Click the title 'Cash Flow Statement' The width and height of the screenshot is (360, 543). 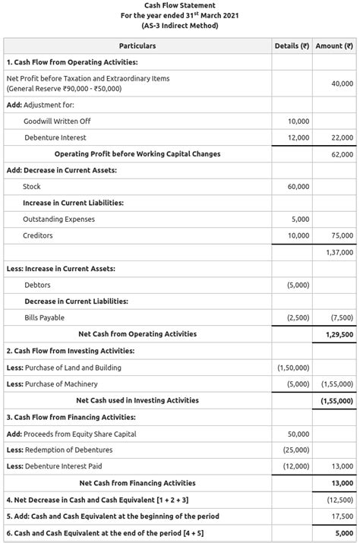point(180,5)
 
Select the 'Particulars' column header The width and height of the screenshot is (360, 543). point(137,46)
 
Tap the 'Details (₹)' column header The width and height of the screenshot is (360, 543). point(292,46)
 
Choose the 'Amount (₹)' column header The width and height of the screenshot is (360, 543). point(334,46)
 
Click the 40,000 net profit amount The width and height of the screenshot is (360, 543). point(342,84)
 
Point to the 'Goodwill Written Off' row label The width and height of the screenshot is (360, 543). point(57,121)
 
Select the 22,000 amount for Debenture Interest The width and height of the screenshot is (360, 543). point(342,137)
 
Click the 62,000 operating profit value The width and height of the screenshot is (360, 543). point(342,154)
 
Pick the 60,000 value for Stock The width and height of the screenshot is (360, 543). point(298,187)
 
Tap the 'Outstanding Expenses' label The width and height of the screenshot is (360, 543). point(59,219)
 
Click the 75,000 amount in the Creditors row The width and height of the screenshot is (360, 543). point(342,236)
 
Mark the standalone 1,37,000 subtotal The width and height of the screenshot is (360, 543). point(339,252)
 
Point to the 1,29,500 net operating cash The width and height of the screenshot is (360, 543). point(339,334)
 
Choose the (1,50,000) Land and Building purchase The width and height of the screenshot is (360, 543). point(294,368)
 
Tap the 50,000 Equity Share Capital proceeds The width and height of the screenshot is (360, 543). point(298,434)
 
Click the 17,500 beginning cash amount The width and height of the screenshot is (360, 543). point(342,516)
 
